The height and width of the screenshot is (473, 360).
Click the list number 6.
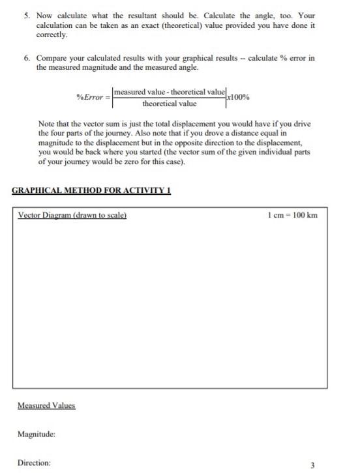point(27,58)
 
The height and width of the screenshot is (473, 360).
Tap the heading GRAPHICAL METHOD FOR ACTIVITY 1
point(91,191)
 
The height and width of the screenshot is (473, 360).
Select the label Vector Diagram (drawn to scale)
point(72,215)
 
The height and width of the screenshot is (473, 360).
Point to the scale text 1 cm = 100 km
point(293,215)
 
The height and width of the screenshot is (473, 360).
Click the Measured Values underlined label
point(46,405)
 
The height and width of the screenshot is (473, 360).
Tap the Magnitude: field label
point(37,433)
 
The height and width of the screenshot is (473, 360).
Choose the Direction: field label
point(34,463)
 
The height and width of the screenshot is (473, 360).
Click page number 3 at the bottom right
point(312,465)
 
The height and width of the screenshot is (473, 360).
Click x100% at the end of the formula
point(237,97)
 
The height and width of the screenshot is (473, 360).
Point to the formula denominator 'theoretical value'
point(170,104)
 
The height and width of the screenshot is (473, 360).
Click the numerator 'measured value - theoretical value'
point(170,91)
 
